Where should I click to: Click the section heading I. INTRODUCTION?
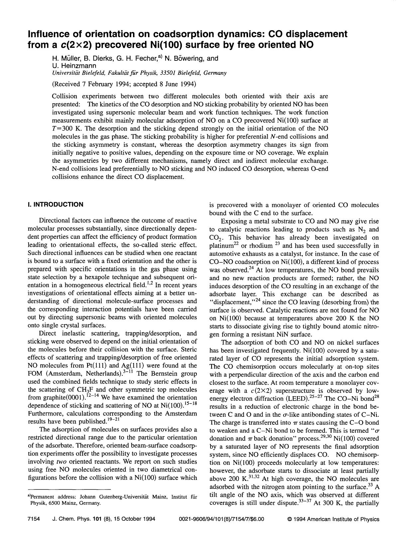coord(56,205)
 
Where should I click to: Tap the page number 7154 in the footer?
coord(34,519)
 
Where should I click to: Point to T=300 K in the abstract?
coord(66,129)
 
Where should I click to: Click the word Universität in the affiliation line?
coord(65,73)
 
